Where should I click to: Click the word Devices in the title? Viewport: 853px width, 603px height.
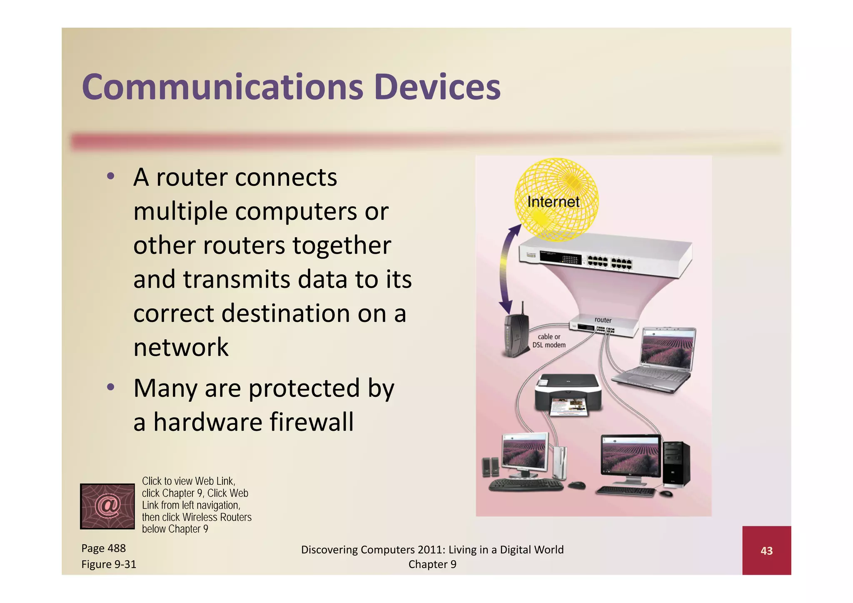[x=437, y=87]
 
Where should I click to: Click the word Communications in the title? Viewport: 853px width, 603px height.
[x=222, y=87]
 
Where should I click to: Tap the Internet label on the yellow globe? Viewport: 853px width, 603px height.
[x=553, y=202]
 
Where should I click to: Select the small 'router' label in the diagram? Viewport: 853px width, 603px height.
[x=603, y=320]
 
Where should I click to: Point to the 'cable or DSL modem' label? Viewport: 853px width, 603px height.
[x=549, y=341]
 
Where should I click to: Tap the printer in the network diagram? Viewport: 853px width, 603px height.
[x=568, y=394]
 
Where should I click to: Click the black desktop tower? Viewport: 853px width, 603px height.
[x=676, y=464]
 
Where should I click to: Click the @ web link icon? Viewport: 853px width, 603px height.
[x=107, y=506]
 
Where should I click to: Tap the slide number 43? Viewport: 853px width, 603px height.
[x=766, y=551]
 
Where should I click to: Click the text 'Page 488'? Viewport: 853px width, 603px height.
[x=103, y=548]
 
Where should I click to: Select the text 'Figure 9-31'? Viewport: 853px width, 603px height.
[x=109, y=564]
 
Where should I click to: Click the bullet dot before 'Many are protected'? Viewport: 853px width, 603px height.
[x=110, y=387]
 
